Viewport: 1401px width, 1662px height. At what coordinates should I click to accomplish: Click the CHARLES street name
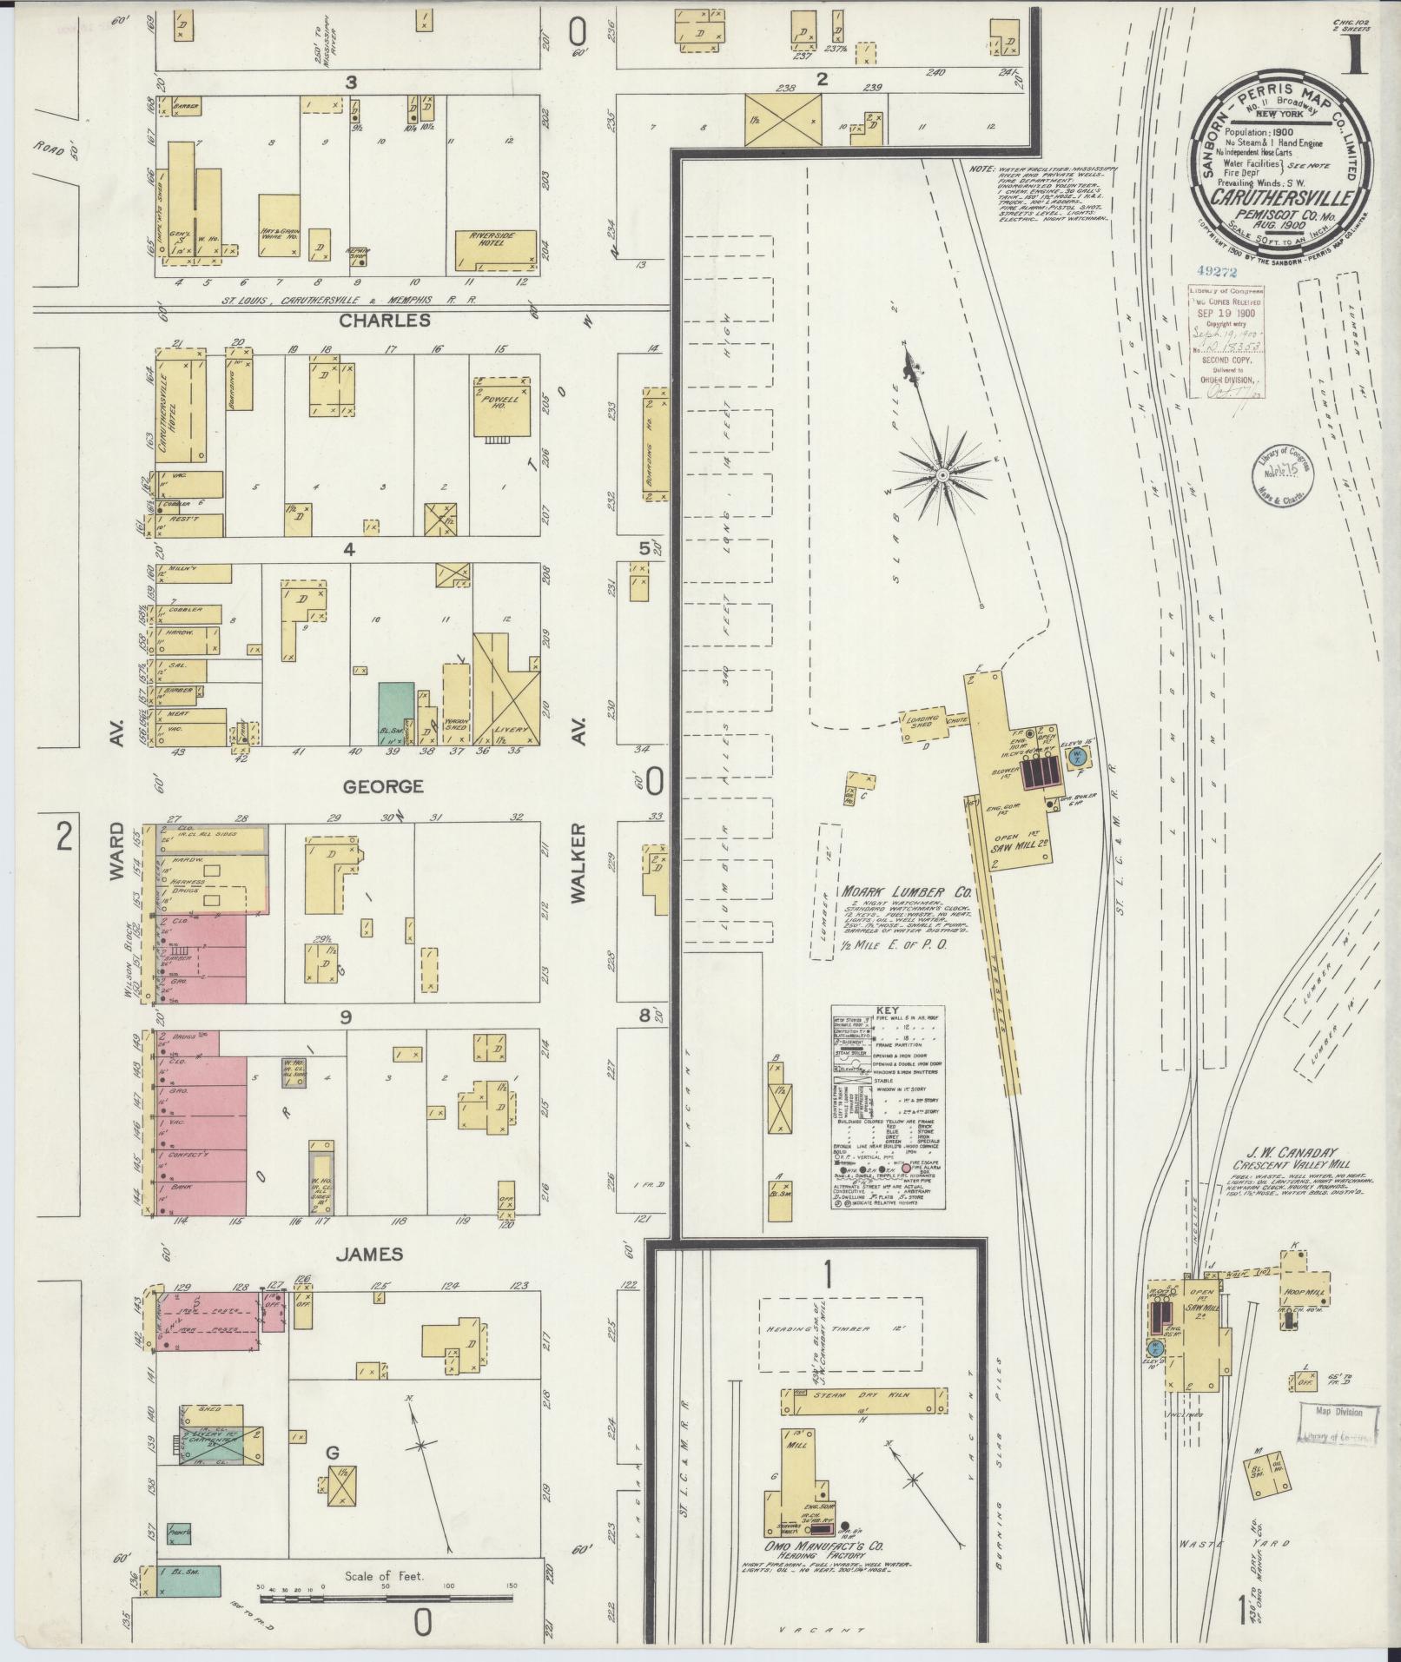point(385,320)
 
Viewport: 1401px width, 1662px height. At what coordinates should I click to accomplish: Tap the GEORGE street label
point(382,786)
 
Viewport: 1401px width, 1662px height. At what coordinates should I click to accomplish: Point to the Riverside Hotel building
point(494,249)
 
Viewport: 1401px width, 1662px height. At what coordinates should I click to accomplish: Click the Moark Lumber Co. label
point(904,892)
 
